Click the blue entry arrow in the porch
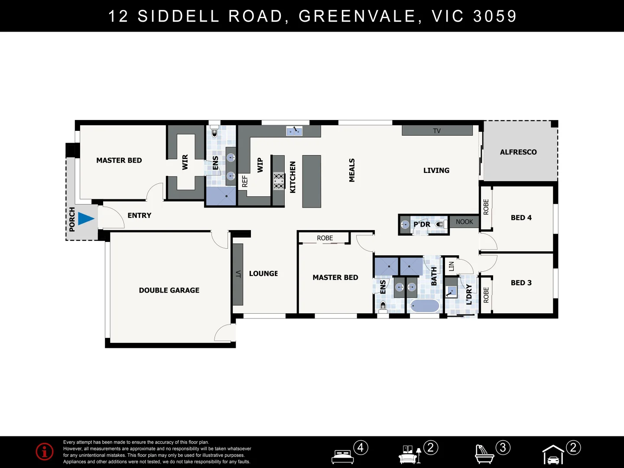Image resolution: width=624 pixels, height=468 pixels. [85, 218]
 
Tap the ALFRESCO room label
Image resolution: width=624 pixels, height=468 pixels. [518, 152]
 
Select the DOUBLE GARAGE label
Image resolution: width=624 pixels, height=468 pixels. [169, 290]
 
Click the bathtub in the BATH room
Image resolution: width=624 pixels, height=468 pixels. [425, 306]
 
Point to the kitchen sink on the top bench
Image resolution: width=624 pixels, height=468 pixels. [294, 130]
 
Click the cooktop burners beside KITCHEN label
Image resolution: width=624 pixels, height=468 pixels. [279, 181]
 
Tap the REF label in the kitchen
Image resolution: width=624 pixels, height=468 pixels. [245, 181]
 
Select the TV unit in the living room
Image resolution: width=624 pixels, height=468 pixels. [437, 130]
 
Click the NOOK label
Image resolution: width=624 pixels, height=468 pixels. [464, 222]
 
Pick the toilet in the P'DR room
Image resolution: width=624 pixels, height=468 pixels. [440, 224]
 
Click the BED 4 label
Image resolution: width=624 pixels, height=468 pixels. [521, 218]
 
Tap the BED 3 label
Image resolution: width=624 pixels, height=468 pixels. [521, 283]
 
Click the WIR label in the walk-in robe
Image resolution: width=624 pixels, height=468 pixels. [185, 162]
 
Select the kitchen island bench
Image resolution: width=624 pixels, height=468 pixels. [312, 181]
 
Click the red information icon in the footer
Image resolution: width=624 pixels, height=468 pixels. [45, 452]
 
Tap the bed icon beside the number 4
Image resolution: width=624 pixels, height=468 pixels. [343, 456]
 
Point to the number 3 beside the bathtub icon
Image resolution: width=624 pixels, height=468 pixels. [503, 448]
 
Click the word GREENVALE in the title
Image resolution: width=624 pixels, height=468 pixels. [358, 16]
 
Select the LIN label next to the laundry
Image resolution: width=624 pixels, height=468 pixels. [451, 266]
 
